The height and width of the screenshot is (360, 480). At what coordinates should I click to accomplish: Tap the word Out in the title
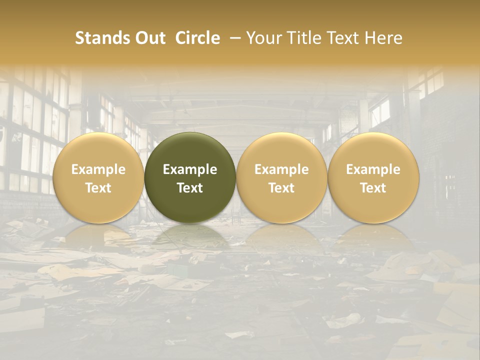(149, 38)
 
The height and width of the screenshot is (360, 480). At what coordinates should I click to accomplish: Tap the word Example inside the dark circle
(190, 169)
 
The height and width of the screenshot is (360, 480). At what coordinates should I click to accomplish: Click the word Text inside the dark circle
(190, 188)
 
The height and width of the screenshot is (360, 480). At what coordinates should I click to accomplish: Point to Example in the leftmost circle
(98, 169)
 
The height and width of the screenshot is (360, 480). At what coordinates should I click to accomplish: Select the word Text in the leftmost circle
(98, 188)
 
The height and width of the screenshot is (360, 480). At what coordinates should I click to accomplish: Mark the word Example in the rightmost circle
(373, 169)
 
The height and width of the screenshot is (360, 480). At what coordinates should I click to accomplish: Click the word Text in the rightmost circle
(373, 188)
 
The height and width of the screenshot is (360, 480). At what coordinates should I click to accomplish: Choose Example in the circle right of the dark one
(281, 169)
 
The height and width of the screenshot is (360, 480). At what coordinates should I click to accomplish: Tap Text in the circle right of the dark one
(281, 188)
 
